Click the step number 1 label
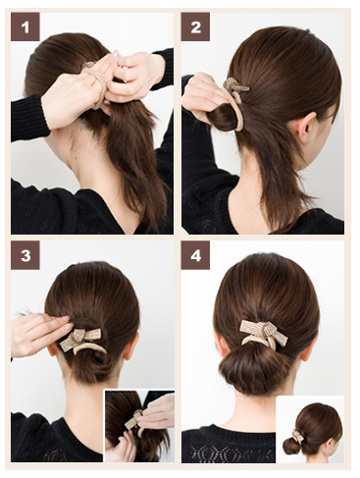(x=26, y=27)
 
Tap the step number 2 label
(x=195, y=27)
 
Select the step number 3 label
(x=26, y=255)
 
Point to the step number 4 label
(x=195, y=255)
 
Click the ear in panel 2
(x=305, y=128)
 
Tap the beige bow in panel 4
(x=264, y=333)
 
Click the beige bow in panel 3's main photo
(x=82, y=341)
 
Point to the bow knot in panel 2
(x=234, y=85)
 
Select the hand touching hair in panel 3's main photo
(x=41, y=333)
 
